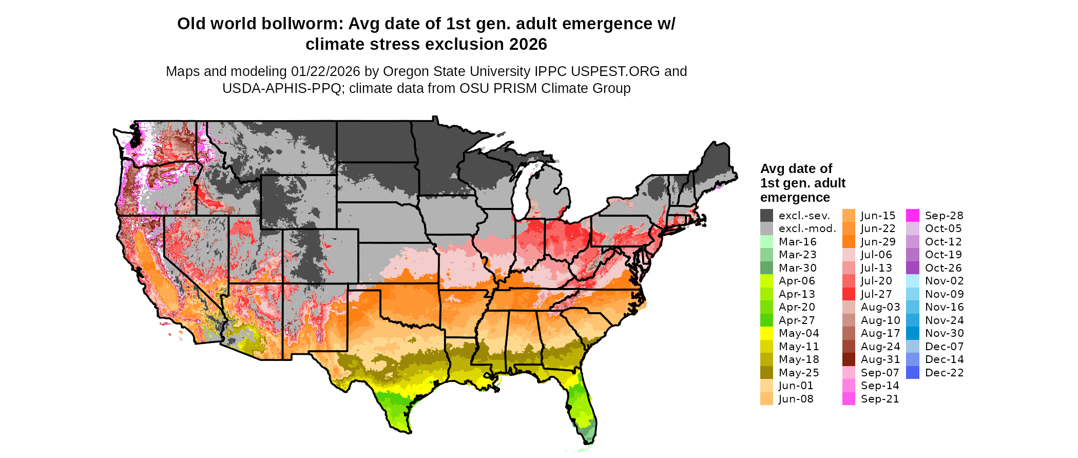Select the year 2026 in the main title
click(528, 45)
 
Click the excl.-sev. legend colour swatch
click(766, 216)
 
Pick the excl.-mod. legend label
click(807, 229)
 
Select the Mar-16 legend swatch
click(766, 242)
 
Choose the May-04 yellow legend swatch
click(766, 333)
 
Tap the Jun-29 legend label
click(878, 242)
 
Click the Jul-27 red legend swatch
click(849, 294)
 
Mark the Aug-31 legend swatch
click(849, 359)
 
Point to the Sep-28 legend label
click(944, 216)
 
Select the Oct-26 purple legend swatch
click(913, 268)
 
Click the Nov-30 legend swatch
click(913, 333)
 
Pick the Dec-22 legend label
click(944, 373)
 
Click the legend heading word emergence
click(795, 198)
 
